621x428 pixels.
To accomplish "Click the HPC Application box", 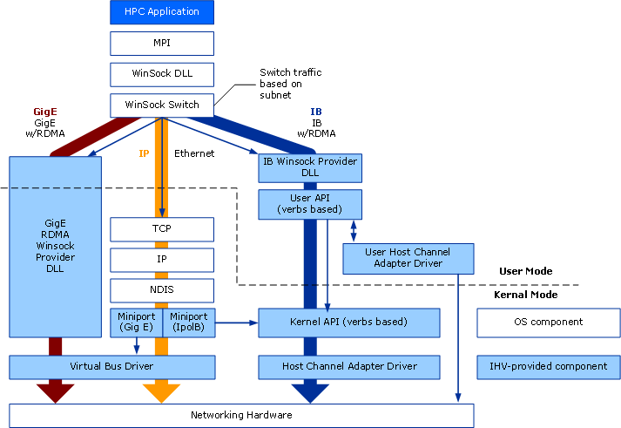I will click(x=162, y=12).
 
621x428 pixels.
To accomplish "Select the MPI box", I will click(x=162, y=44).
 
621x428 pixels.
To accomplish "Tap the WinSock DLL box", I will click(x=162, y=74).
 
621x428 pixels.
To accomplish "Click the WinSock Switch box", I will click(x=162, y=105).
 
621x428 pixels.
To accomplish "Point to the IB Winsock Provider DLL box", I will click(x=310, y=167).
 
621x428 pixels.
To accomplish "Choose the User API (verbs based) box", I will click(x=310, y=204).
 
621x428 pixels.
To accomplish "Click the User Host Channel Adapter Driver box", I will click(x=408, y=258).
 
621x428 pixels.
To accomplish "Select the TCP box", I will click(x=162, y=229).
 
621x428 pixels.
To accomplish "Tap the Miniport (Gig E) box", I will click(x=136, y=322).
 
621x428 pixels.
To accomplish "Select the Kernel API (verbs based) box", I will click(x=348, y=323).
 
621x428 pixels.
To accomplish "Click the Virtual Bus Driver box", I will click(x=111, y=367).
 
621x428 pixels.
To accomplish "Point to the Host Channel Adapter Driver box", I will click(x=349, y=367).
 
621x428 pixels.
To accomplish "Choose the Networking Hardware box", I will click(x=241, y=416).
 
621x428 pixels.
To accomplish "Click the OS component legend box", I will click(x=549, y=323).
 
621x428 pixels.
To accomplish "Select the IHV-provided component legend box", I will click(x=549, y=367).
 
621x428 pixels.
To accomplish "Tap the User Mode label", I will click(x=525, y=271).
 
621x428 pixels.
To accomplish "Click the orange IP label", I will click(x=145, y=153).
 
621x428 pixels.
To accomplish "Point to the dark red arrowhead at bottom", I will click(x=55, y=393).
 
